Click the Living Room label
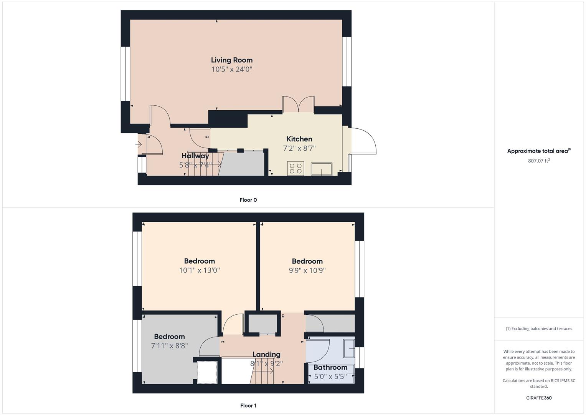(232, 60)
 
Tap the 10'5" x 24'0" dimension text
(232, 70)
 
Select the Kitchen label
(299, 139)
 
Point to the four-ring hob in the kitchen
(295, 168)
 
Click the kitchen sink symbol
(322, 169)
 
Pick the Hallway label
(195, 156)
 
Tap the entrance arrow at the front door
(139, 144)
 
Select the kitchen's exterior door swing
(363, 141)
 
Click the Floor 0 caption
(248, 200)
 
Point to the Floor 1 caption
(248, 405)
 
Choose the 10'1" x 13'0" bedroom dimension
(200, 271)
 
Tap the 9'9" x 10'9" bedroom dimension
(307, 271)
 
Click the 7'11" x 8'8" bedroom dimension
(170, 346)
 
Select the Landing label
(266, 354)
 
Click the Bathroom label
(330, 367)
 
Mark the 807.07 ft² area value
(539, 161)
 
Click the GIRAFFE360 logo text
(539, 398)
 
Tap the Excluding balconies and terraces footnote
(539, 329)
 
